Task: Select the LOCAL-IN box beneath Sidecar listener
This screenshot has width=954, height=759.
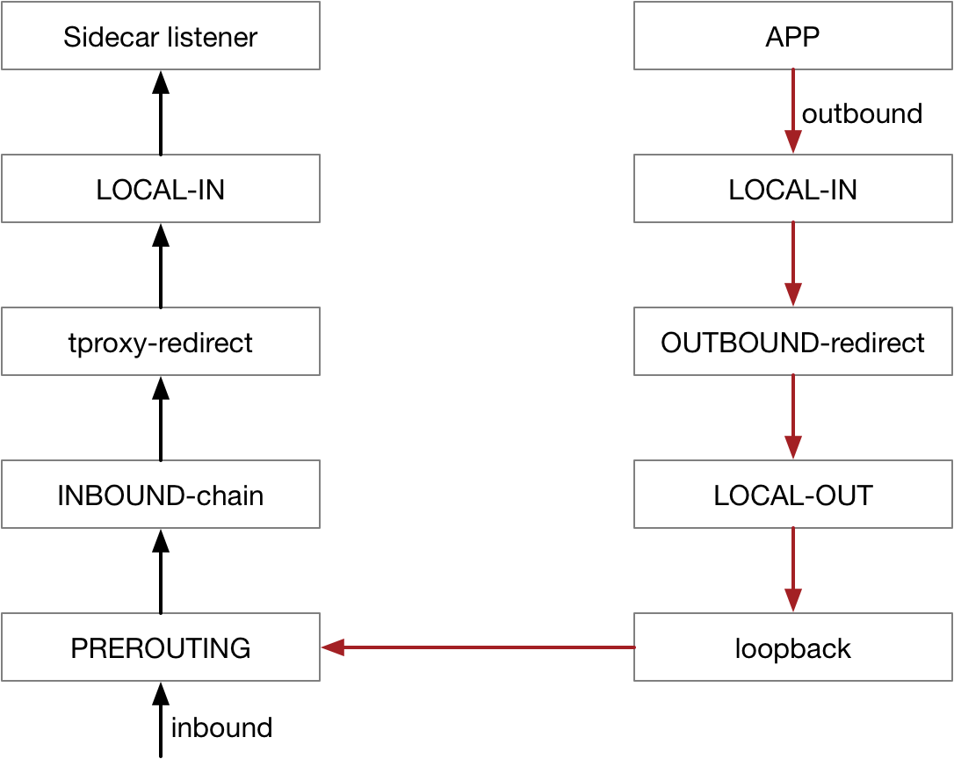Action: click(x=160, y=190)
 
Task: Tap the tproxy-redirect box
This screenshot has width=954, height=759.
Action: click(x=160, y=343)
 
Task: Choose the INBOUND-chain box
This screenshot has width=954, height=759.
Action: click(x=160, y=495)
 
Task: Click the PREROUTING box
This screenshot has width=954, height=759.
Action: click(x=160, y=648)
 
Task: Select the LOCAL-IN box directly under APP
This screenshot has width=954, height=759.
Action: click(x=792, y=190)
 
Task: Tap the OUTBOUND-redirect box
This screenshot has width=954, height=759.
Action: click(x=792, y=343)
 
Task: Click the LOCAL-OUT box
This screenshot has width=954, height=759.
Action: click(x=792, y=495)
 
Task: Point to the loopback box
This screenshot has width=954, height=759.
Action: click(x=792, y=648)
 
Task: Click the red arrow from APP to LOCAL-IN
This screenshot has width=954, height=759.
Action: click(x=793, y=110)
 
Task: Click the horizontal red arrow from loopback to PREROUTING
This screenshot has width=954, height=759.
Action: click(x=479, y=648)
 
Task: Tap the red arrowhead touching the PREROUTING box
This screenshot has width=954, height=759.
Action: click(x=332, y=648)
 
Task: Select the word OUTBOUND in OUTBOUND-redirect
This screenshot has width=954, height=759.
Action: click(x=734, y=343)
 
